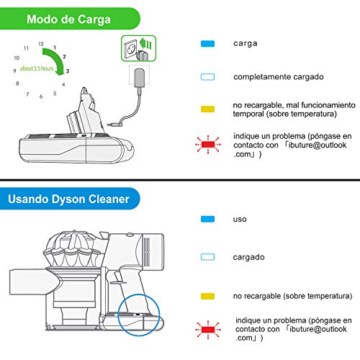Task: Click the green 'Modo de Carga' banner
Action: coord(70,19)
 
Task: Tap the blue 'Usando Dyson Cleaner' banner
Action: coord(70,199)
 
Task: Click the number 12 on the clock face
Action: coord(41,44)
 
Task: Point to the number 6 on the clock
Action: coord(41,96)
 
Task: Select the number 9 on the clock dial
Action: coord(14,71)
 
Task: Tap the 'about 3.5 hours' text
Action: coord(37,68)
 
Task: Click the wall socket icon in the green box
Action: coord(130,49)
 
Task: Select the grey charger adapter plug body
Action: coord(139,78)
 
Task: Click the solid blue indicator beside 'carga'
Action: coord(207,44)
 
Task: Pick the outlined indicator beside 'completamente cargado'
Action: coord(207,77)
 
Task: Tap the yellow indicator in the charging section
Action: coord(207,109)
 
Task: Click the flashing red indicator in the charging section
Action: coord(208,145)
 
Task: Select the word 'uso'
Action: coord(240,220)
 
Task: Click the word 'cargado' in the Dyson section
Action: coord(248,257)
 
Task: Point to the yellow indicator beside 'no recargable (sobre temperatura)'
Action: coord(207,296)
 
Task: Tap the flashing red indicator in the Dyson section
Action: coord(208,330)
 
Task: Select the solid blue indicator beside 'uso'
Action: coord(207,219)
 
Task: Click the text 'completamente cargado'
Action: coord(279,77)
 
